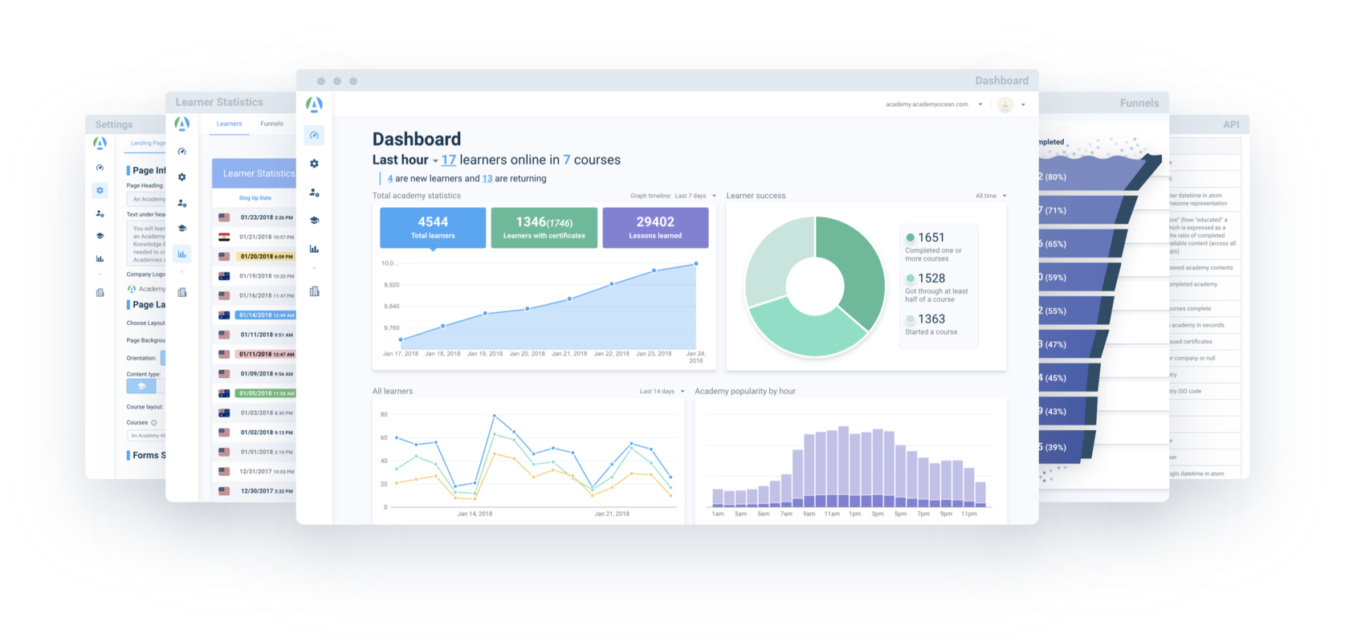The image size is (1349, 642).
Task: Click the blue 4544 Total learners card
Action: pos(433,227)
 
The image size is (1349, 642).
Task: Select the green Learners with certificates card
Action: pos(544,227)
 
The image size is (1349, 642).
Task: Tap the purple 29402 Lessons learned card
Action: pos(655,227)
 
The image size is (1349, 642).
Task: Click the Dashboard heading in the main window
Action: pos(417,139)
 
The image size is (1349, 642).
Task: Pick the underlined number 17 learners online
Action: pos(448,160)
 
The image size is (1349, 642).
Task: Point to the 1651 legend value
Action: pos(931,238)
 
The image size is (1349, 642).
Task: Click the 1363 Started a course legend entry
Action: pos(931,323)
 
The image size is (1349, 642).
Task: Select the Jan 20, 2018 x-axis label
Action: pos(527,354)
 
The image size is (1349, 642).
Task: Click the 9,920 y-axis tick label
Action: pos(392,285)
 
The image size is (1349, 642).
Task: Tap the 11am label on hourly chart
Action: pos(832,514)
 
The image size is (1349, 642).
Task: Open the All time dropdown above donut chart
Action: pos(990,196)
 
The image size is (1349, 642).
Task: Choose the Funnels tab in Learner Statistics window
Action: pos(271,124)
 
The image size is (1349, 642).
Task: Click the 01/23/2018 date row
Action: pos(266,217)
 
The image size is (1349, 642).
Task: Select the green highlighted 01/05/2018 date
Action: pos(266,393)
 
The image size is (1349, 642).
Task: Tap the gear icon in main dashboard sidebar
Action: pos(315,164)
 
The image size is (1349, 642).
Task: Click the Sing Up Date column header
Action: pos(255,198)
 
